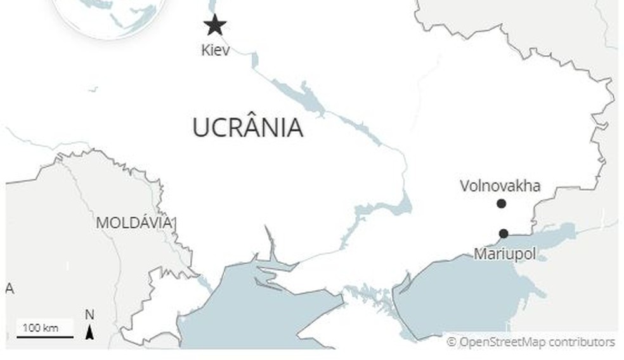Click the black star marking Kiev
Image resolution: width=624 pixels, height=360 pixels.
pyautogui.click(x=215, y=25)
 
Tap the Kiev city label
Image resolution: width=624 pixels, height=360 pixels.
pyautogui.click(x=215, y=49)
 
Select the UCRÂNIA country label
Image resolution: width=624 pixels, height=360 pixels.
pyautogui.click(x=247, y=128)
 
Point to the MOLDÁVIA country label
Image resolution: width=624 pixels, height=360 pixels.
pyautogui.click(x=134, y=222)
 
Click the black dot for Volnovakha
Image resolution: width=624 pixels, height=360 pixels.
pyautogui.click(x=501, y=203)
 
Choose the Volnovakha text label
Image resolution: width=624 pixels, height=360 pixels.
pyautogui.click(x=500, y=186)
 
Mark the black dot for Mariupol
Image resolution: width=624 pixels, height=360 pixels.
pyautogui.click(x=504, y=233)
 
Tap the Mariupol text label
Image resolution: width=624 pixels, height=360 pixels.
pyautogui.click(x=505, y=254)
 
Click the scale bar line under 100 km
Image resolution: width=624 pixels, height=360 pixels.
pyautogui.click(x=45, y=337)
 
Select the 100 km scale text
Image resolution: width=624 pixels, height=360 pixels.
pyautogui.click(x=40, y=328)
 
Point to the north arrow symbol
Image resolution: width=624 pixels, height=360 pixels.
pyautogui.click(x=90, y=331)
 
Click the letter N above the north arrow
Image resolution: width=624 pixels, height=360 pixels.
pyautogui.click(x=89, y=315)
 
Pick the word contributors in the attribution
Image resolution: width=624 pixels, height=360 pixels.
pyautogui.click(x=582, y=342)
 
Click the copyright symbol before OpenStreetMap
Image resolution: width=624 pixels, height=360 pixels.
pyautogui.click(x=452, y=342)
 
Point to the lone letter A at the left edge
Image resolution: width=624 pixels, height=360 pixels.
pyautogui.click(x=10, y=288)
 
